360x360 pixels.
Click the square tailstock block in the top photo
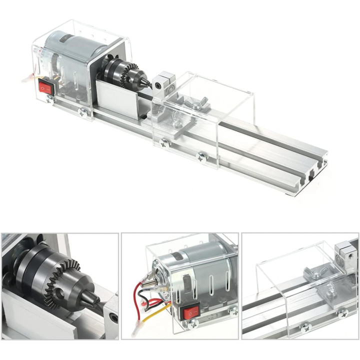point(164,82)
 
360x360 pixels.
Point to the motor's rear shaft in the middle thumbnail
point(149,284)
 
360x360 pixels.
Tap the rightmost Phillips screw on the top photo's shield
point(202,156)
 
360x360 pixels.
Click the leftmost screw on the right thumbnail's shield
point(304,327)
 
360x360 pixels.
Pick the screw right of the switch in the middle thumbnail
point(233,311)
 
